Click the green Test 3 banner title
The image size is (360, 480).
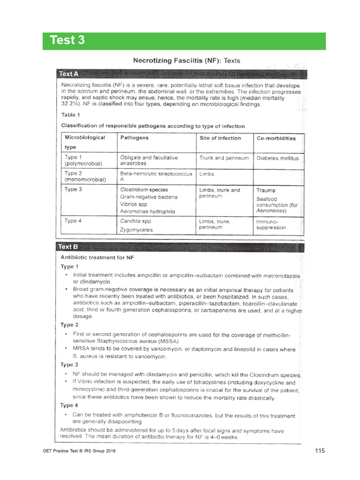tap(68, 41)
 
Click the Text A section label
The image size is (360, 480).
tap(69, 74)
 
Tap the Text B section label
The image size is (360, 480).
tap(68, 247)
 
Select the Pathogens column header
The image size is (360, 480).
tap(135, 138)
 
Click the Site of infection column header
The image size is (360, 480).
tap(220, 138)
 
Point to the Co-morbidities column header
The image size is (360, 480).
tap(276, 138)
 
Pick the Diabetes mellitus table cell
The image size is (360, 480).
tap(277, 158)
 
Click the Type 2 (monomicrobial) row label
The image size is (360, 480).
tap(85, 176)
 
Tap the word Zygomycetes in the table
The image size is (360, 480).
tap(136, 230)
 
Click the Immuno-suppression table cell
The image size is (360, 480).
tap(271, 224)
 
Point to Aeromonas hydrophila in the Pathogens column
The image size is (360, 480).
tap(147, 211)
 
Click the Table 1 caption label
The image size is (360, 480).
tap(71, 114)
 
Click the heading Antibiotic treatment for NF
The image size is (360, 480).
tap(97, 257)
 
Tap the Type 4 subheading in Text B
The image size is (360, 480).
tap(69, 405)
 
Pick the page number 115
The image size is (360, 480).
tap(319, 451)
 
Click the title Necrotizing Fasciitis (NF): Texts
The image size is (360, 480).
tap(187, 60)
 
